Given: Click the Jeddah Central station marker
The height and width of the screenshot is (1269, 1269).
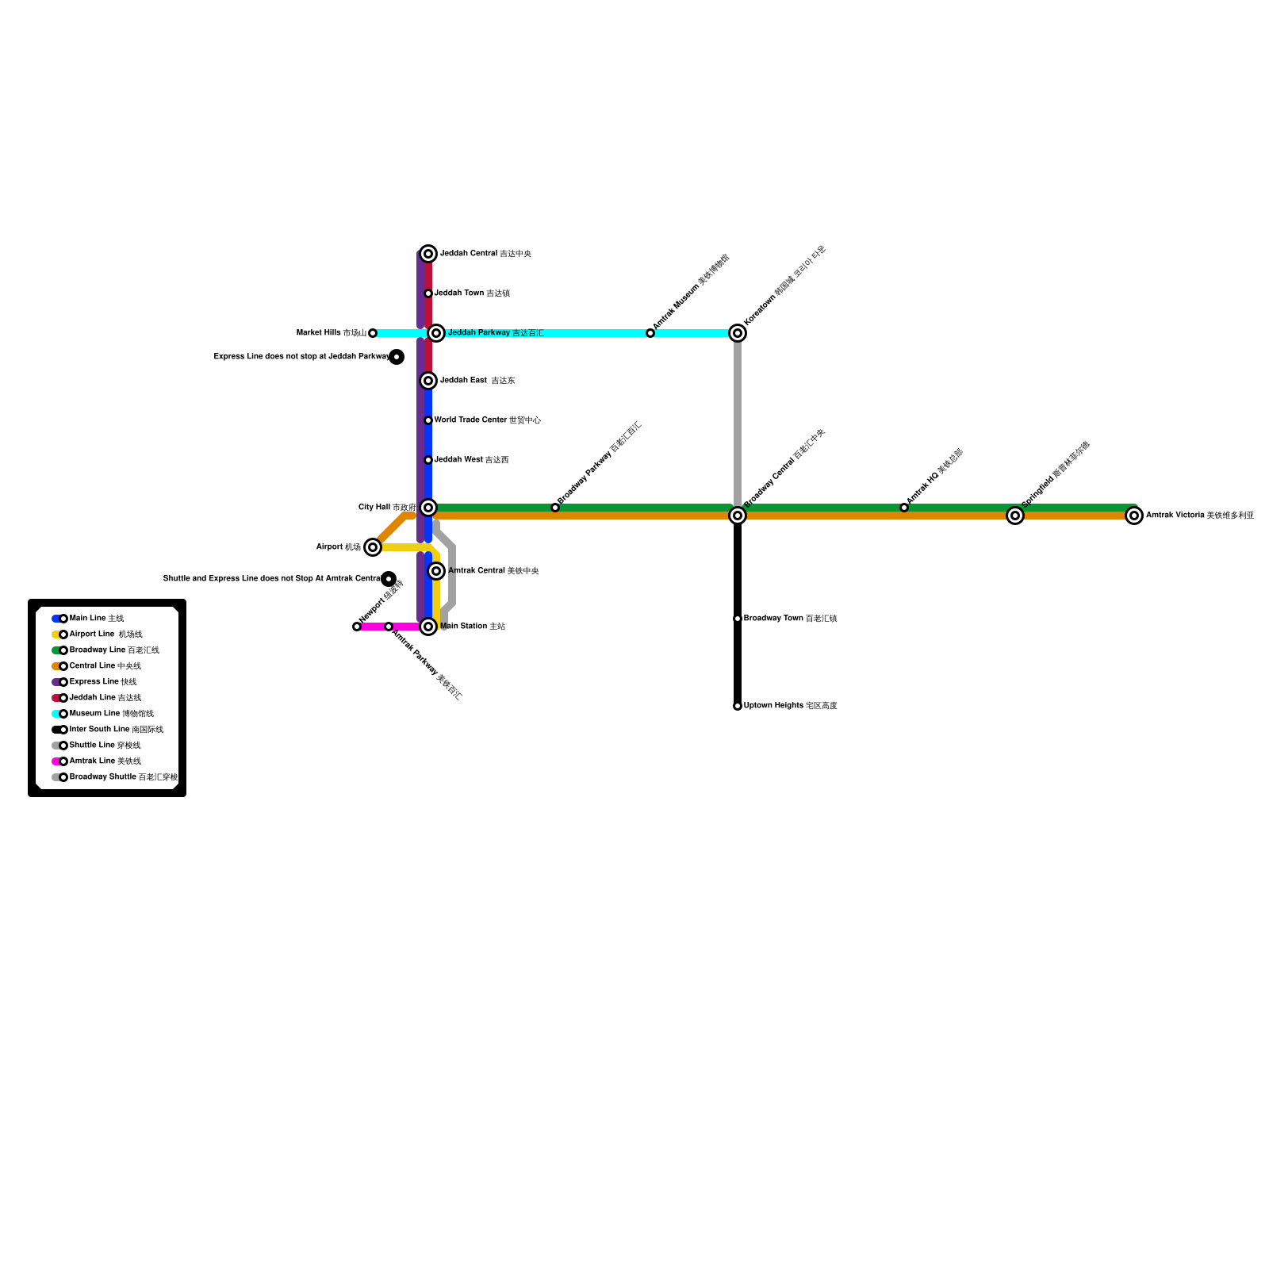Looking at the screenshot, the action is coord(428,254).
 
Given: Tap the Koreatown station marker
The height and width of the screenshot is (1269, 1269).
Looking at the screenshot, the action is coord(738,333).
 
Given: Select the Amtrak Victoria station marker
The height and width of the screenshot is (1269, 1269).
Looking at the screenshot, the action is coord(1134,516).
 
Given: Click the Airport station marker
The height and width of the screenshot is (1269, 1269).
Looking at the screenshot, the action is coord(373,547).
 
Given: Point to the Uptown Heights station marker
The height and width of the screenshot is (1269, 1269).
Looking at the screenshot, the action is coord(738,706).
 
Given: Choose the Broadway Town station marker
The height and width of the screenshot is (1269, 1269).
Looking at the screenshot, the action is coord(738,619).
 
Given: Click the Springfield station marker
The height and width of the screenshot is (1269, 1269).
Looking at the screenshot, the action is coord(1015,516).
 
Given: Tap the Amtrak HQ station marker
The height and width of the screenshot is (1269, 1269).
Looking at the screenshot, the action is coord(904,508).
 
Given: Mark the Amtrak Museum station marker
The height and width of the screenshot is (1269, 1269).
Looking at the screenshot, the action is coord(650,333).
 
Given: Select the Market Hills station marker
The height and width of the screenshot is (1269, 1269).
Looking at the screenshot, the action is coord(373,333).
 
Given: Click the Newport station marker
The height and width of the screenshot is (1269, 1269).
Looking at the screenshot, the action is coord(357,627).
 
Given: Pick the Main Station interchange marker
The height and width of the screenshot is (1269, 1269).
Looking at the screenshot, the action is coord(428,627).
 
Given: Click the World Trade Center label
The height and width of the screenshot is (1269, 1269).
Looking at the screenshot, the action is coord(488,420).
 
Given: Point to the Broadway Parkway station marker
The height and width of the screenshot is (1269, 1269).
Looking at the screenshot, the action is coord(555,508).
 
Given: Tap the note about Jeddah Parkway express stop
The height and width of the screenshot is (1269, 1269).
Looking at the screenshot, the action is coord(301,357).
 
